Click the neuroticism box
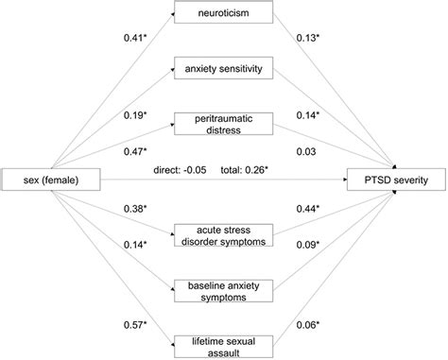pos(223,14)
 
